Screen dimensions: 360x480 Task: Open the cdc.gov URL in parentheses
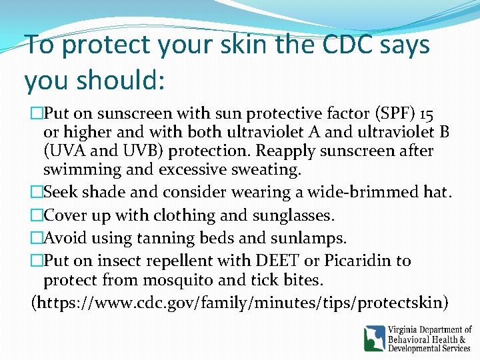(x=240, y=302)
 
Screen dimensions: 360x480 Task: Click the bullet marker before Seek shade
(x=37, y=193)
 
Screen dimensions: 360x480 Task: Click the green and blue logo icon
(x=374, y=338)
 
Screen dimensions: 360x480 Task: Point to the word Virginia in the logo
(x=407, y=330)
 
